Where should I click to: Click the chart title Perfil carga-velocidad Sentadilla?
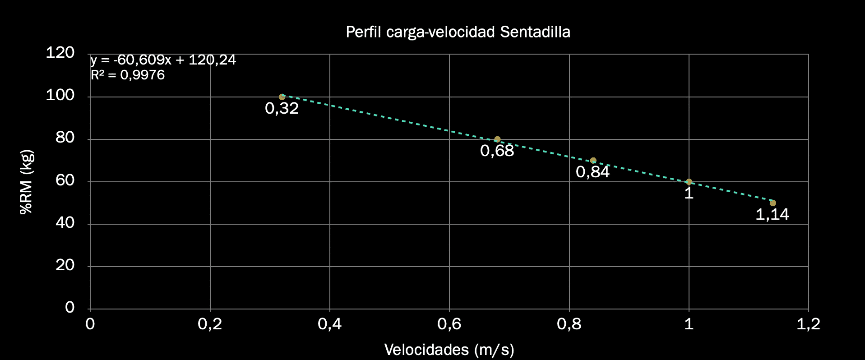[458, 32]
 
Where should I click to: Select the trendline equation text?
[163, 60]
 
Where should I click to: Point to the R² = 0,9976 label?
[128, 75]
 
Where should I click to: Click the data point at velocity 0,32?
[282, 97]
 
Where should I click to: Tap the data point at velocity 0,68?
[497, 139]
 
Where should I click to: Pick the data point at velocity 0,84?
[593, 161]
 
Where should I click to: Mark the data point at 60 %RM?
[689, 182]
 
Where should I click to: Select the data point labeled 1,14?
[772, 203]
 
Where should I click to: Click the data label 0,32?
[282, 108]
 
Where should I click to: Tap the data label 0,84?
[592, 172]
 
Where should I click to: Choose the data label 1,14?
[772, 214]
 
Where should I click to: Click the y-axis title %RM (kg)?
[27, 182]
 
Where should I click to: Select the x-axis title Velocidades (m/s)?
[449, 350]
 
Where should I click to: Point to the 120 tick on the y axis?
[60, 53]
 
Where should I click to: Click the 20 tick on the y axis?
[65, 265]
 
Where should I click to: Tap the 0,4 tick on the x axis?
[329, 324]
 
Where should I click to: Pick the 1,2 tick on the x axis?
[808, 324]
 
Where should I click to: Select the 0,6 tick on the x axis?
[449, 324]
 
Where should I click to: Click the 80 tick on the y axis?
[65, 138]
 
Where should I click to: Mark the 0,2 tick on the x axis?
[210, 324]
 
